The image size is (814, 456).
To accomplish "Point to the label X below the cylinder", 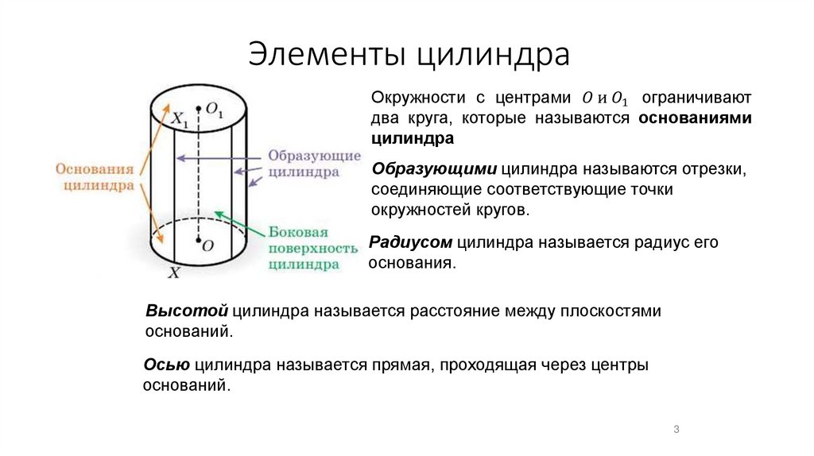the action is point(175,272).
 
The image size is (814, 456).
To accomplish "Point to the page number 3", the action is point(676,430).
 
